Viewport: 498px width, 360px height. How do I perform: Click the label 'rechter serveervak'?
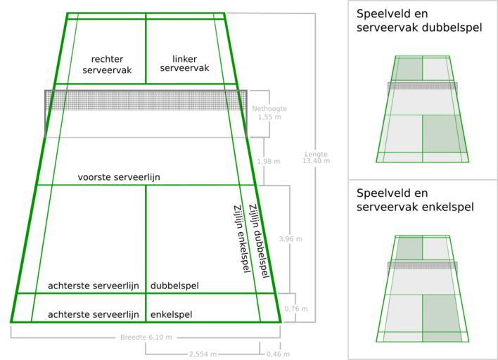point(107,65)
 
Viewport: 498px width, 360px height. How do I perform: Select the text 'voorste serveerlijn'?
point(119,177)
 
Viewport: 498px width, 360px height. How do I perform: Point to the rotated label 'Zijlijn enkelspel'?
point(241,239)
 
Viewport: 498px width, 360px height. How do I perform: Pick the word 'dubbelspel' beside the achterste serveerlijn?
point(174,285)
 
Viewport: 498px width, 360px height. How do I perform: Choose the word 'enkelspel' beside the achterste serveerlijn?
point(171,314)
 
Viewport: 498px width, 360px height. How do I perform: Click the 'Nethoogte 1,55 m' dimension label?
point(269,112)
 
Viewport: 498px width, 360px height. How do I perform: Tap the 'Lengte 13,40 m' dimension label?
point(316,157)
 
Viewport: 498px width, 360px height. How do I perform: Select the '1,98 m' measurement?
point(269,162)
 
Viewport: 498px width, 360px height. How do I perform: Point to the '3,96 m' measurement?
point(290,239)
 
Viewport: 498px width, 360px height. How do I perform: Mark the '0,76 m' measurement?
point(295,309)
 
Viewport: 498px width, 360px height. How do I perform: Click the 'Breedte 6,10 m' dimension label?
point(146,337)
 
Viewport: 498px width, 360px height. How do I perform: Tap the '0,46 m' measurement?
point(278,354)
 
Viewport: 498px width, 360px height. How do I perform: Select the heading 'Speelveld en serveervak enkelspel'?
point(414,200)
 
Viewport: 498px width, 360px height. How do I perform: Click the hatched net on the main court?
point(146,101)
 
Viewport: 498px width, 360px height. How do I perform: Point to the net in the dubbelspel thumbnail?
point(422,86)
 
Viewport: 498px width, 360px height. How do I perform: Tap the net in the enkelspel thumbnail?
point(422,266)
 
